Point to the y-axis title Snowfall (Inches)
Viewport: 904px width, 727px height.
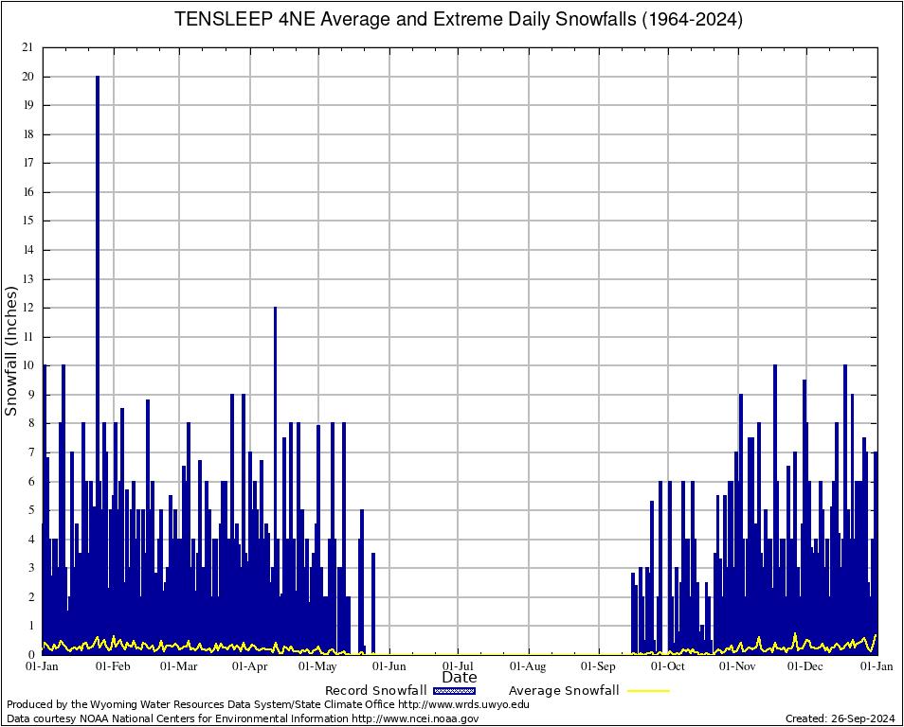11,350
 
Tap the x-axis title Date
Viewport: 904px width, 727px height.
460,677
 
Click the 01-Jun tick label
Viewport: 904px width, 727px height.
389,665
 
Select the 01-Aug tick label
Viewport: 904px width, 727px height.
529,665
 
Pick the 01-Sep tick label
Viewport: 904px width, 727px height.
599,665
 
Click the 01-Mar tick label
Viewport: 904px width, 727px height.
179,665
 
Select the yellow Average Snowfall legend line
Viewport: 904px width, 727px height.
646,691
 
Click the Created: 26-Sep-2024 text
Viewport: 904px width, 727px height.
840,718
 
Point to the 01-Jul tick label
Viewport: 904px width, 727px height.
459,665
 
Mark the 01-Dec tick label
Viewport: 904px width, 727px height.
806,665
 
